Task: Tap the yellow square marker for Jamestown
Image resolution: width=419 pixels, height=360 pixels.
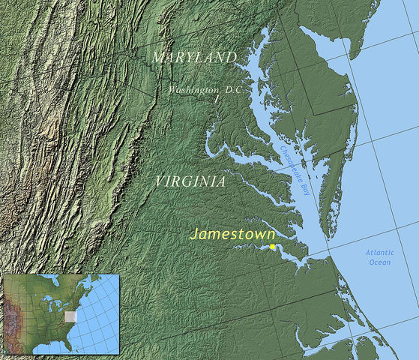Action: click(272, 247)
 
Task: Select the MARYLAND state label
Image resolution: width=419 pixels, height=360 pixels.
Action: click(193, 58)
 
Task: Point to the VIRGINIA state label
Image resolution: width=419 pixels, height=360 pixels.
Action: click(190, 181)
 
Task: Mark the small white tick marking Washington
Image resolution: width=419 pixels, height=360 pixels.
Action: click(216, 98)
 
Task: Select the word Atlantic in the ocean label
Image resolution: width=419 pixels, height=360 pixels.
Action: click(379, 253)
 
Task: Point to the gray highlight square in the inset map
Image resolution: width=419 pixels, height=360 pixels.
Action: click(71, 316)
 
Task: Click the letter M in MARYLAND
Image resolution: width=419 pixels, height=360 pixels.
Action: click(157, 58)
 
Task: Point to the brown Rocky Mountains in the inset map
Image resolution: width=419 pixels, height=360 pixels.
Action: click(13, 315)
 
